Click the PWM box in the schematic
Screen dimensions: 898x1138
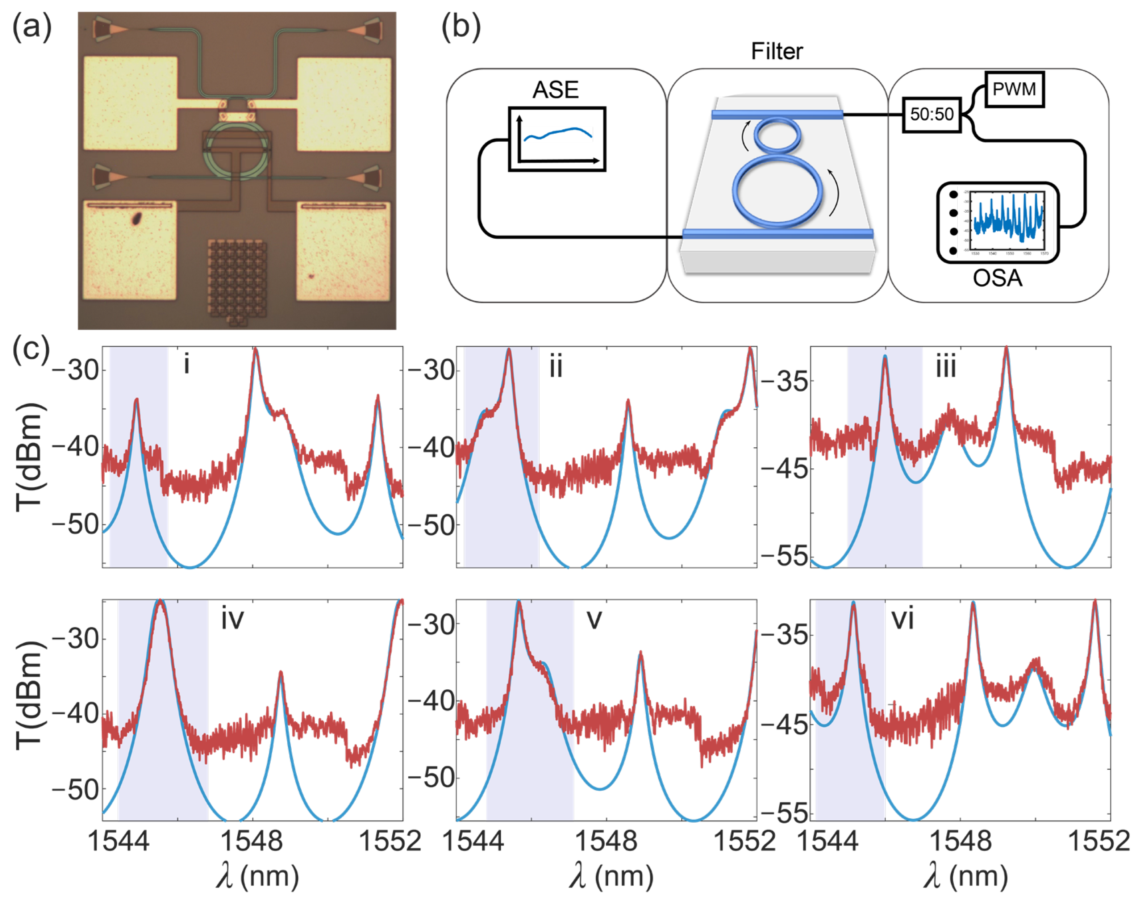pos(1013,89)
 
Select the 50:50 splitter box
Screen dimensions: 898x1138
pos(931,114)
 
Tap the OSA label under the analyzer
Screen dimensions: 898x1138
pos(997,277)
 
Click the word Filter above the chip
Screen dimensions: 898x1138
pos(777,51)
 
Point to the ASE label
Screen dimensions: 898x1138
pos(555,90)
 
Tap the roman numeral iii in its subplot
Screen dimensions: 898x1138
pos(946,367)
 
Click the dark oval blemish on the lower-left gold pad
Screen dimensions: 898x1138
pos(136,218)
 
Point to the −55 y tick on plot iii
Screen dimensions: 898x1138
pos(785,556)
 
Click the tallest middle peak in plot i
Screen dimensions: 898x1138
pos(255,351)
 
